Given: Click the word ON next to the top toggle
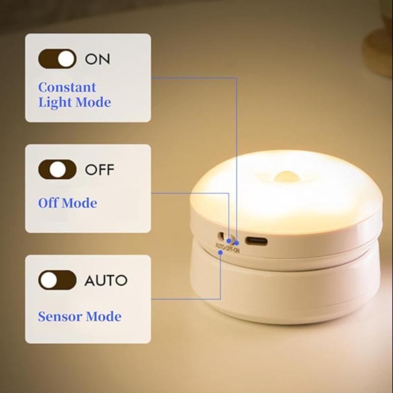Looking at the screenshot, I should (x=98, y=59).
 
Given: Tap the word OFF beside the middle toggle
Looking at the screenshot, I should (x=99, y=170).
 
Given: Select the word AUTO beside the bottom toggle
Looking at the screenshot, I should (x=106, y=281).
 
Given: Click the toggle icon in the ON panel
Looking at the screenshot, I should (x=57, y=59).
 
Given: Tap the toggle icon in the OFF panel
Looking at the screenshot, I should (x=57, y=170).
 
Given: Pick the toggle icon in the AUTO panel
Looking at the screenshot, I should (x=57, y=281).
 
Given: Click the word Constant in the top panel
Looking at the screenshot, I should (x=67, y=87).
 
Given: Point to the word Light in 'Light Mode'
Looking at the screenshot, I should (x=55, y=103).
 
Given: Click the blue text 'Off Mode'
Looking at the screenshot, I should (x=67, y=203).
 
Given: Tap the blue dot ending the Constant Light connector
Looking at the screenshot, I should (x=236, y=242).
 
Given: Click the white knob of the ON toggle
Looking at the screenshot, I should (x=66, y=59).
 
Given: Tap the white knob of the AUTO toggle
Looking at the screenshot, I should (x=49, y=281).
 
